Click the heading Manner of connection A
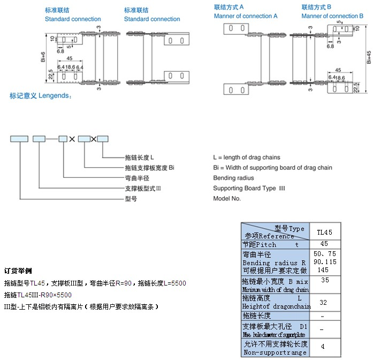246,16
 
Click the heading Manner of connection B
332,16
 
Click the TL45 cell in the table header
325,232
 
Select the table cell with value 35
325,280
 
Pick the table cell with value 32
323,302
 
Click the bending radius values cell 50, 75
325,253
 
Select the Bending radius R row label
274,263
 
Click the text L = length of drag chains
246,157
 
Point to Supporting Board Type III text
249,188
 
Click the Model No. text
227,198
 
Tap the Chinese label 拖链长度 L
139,157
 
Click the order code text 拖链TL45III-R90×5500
37,295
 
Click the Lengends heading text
40,95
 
